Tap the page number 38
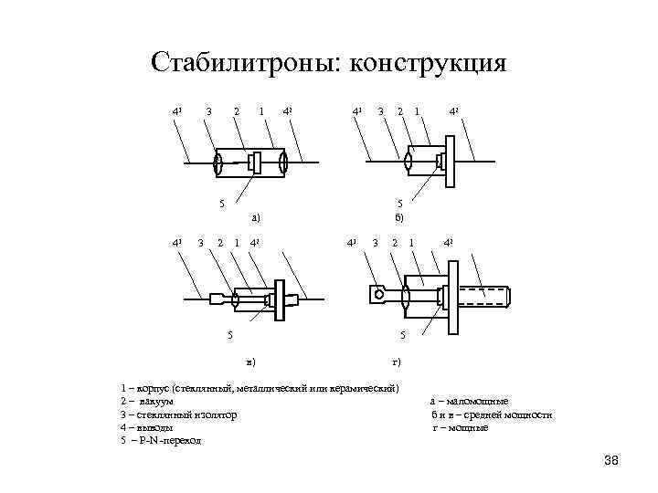[611, 459]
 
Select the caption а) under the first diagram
[256, 217]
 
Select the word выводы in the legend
[157, 427]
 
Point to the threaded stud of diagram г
[486, 296]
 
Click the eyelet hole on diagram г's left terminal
[375, 295]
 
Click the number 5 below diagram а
[219, 203]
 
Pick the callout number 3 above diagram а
[209, 111]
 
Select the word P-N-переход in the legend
[170, 440]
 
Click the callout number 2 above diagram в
[218, 242]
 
